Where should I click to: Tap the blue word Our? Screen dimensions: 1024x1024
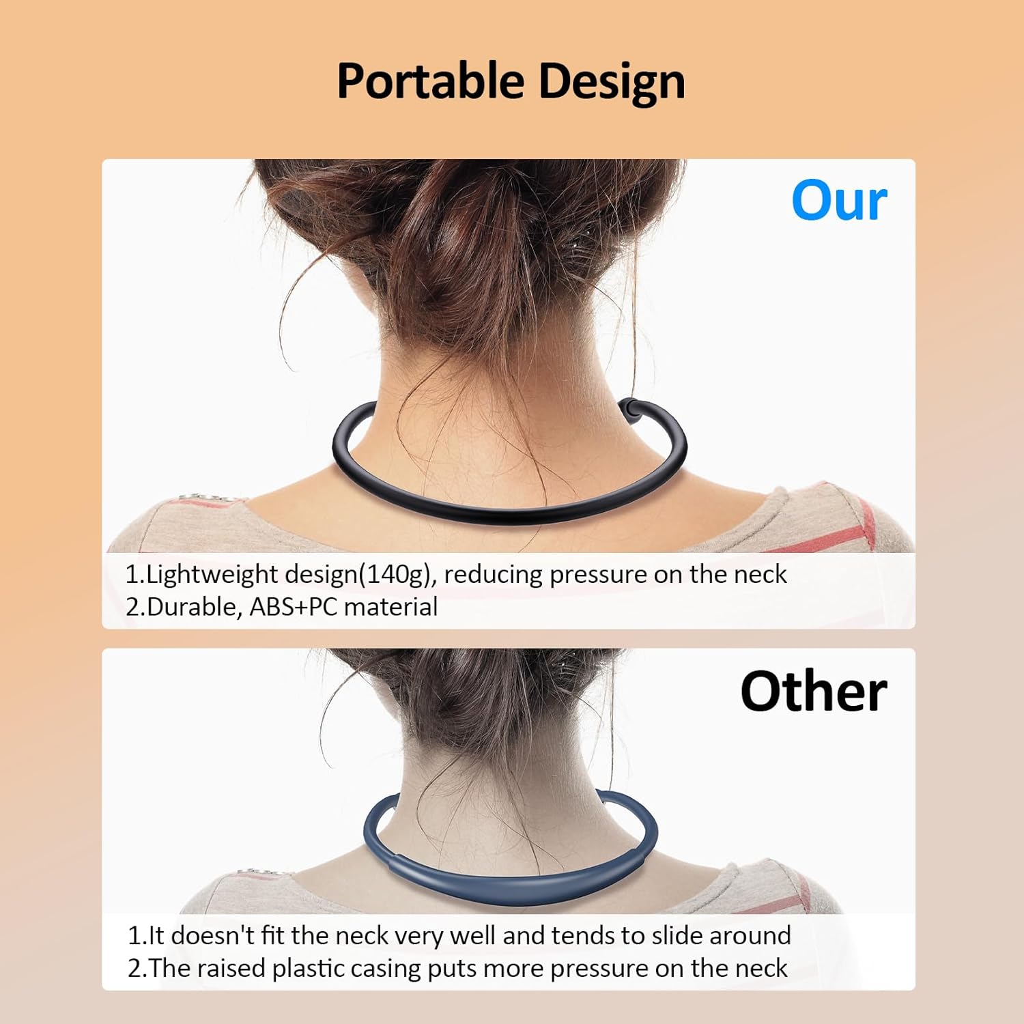tap(839, 201)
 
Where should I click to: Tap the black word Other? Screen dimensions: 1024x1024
tap(813, 692)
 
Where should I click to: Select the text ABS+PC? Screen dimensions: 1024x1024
tap(294, 607)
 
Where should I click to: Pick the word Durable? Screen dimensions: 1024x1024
tap(188, 607)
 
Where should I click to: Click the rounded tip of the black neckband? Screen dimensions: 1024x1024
tap(629, 408)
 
